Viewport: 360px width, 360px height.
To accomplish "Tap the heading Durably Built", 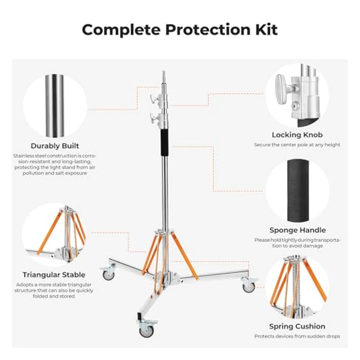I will [55, 146].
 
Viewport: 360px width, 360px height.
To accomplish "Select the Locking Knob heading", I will [297, 135].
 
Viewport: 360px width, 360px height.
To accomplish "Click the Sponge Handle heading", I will [297, 230].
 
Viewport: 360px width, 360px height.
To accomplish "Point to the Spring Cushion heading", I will [297, 326].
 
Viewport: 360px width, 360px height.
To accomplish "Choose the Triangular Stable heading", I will [54, 275].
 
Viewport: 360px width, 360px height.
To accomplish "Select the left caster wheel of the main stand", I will [109, 275].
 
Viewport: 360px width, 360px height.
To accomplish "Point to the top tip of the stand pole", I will [164, 73].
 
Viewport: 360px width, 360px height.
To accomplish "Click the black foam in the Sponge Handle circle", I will [297, 190].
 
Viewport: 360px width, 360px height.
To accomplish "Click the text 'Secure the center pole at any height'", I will [297, 145].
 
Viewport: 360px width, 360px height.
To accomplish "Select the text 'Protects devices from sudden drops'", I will [297, 336].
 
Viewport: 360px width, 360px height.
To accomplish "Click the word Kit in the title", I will [264, 29].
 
